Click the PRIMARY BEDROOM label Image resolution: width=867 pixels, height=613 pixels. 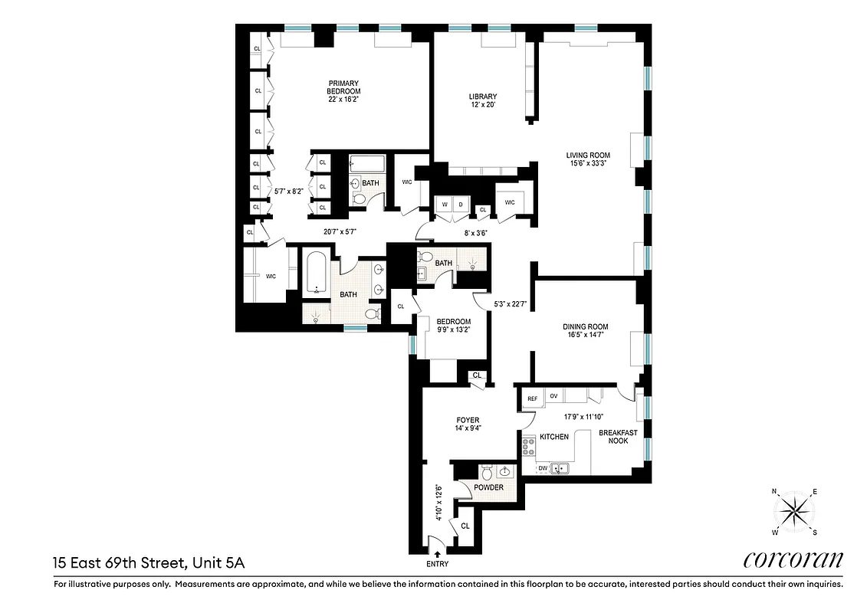(343, 87)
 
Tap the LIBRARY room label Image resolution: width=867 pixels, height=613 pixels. (483, 97)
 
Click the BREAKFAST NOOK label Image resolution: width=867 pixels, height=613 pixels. (618, 437)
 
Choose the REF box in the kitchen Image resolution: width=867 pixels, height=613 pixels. (533, 397)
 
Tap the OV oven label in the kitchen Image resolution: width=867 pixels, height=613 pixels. (553, 396)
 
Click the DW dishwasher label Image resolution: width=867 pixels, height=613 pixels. (542, 467)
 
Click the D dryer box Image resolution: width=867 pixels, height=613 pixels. (461, 205)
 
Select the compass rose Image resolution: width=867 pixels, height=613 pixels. (794, 511)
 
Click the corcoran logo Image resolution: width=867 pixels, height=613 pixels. (793, 560)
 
